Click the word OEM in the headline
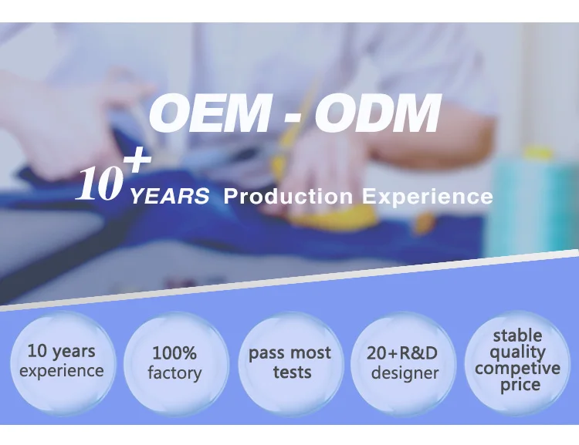208,113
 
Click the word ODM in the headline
378,113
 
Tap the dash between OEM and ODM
293,118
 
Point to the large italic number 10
100,183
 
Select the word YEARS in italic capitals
170,197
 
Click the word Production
288,197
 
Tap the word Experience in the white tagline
427,197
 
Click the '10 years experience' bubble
62,363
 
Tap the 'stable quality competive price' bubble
517,362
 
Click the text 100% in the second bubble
174,353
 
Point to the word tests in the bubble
292,372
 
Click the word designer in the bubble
405,373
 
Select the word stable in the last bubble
518,335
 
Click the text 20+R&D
402,353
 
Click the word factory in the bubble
174,373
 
